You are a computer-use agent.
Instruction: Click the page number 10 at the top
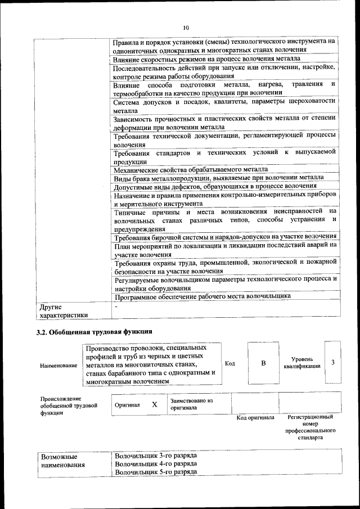coord(186,27)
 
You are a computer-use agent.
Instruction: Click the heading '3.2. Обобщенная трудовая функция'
coord(94,331)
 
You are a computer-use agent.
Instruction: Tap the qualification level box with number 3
coord(333,362)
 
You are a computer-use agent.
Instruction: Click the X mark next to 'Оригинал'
coord(154,404)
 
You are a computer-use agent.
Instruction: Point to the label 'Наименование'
coord(58,366)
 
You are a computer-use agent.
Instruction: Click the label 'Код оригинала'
coord(255,417)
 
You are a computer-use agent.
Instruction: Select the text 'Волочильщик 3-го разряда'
coord(155,455)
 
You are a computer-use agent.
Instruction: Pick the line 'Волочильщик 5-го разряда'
coord(155,472)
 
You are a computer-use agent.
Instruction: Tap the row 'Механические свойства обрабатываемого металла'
coord(190,169)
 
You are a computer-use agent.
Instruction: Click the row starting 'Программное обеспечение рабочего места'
coord(202,296)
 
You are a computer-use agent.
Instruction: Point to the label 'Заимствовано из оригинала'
coord(191,404)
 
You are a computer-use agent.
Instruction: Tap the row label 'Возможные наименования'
coord(62,461)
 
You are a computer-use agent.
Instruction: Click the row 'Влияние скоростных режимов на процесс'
coord(206,59)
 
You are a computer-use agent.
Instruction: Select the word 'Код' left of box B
coord(230,363)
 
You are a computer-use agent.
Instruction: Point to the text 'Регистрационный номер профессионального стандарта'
coord(310,427)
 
